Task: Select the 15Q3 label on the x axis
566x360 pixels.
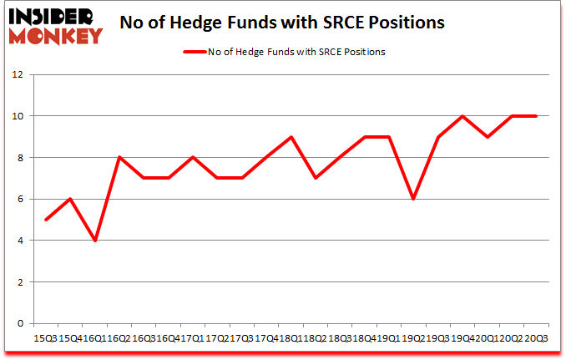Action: pos(46,337)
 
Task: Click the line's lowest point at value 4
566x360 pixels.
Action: pos(95,241)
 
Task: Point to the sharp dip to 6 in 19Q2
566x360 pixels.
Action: pos(413,199)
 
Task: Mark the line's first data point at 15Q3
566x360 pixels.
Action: pos(46,220)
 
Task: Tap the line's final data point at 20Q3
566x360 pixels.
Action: pos(535,116)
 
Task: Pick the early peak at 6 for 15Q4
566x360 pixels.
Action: pos(71,199)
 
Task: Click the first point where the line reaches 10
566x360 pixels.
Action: pos(462,116)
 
